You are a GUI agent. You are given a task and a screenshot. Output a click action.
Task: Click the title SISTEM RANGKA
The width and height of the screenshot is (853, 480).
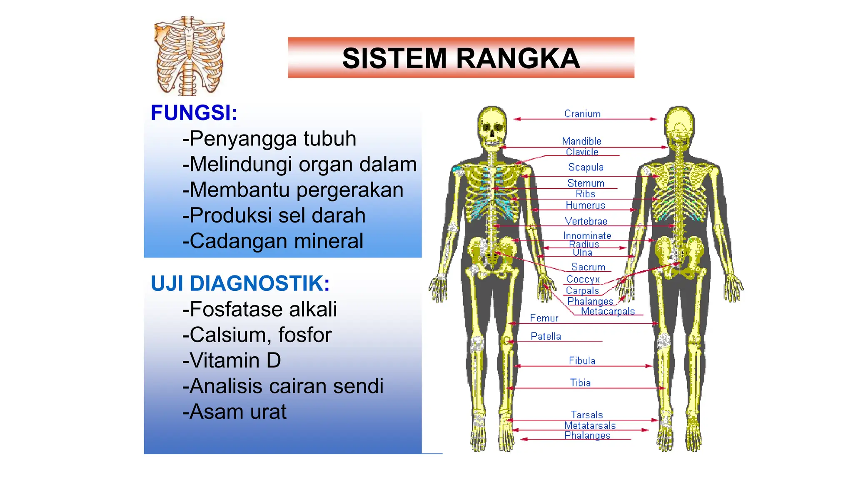pos(461,58)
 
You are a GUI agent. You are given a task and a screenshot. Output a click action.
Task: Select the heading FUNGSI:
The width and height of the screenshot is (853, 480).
pos(194,113)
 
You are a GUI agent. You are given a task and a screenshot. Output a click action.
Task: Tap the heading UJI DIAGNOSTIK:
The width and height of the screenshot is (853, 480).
pos(240,284)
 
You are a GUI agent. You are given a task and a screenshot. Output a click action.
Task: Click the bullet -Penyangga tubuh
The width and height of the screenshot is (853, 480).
pos(269,139)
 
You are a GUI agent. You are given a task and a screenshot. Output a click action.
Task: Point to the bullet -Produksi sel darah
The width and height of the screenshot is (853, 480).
pos(274,215)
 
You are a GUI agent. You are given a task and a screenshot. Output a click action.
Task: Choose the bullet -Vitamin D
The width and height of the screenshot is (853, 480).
pos(232,360)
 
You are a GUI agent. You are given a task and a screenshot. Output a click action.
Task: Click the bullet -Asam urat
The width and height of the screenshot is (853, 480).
pos(234,412)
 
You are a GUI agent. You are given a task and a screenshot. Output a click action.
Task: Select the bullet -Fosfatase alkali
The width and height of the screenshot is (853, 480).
pos(259,309)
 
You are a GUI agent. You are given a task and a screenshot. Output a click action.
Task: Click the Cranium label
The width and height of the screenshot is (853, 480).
pos(582,114)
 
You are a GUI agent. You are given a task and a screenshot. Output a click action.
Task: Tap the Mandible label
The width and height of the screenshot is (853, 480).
pos(581,141)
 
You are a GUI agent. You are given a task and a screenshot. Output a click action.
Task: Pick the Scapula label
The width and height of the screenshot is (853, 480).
pos(586,167)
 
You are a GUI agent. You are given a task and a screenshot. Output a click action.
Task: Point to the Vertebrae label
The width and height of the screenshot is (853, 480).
pos(586,221)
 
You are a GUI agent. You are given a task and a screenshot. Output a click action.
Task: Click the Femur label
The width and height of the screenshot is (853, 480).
pos(544,318)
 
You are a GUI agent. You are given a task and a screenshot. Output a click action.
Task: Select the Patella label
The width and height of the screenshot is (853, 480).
pos(546,336)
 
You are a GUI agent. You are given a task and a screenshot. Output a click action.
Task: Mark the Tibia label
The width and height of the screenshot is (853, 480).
pos(580,382)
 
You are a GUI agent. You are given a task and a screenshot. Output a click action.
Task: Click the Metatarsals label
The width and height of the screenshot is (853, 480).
pos(590,425)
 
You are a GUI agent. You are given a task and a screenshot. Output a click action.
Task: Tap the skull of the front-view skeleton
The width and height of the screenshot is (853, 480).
pos(492,127)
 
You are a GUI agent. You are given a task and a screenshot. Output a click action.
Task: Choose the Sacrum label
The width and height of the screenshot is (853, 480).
pos(588,267)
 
